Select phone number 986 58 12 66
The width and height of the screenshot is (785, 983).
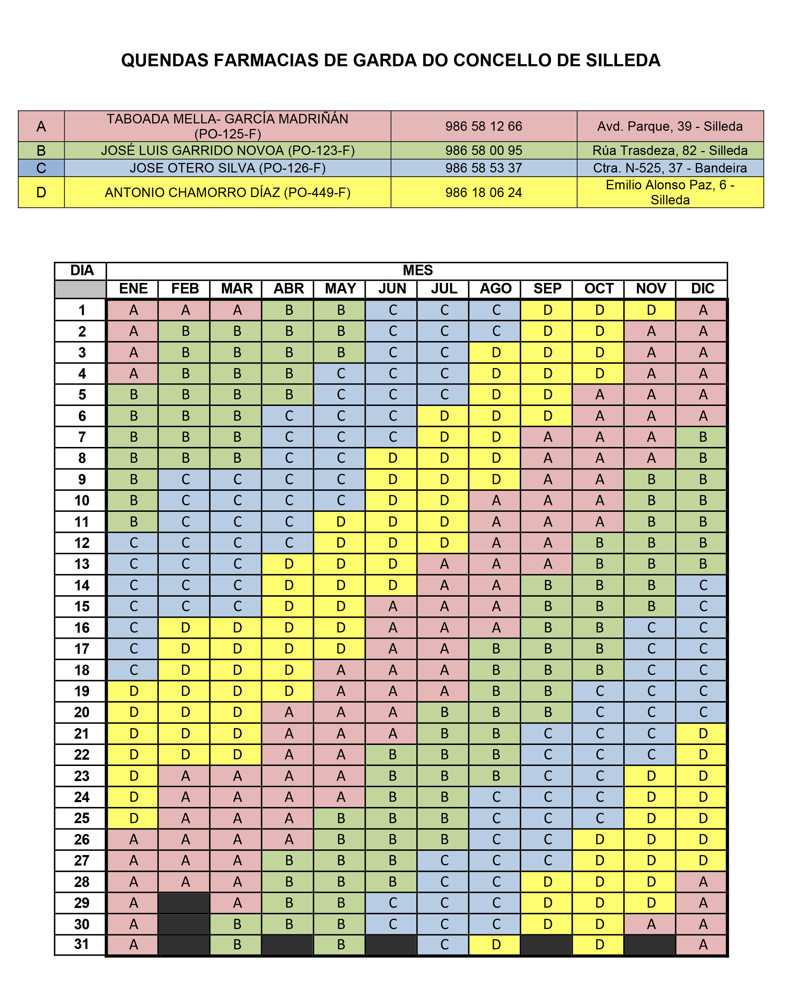tap(483, 126)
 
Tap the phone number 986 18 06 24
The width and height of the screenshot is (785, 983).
tap(483, 192)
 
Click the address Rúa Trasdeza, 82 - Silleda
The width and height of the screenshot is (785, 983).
tap(670, 150)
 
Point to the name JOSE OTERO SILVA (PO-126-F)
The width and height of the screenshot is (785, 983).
tap(228, 168)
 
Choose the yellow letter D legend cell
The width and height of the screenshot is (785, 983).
tap(41, 192)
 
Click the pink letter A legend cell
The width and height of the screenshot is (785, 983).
tap(41, 126)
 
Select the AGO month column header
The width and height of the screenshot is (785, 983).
tap(496, 289)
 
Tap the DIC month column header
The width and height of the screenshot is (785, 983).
tap(703, 289)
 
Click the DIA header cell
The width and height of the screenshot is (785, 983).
tap(82, 271)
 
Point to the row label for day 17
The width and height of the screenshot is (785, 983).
tap(82, 649)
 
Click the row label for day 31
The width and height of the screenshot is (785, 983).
tap(82, 944)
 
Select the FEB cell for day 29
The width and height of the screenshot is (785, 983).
tap(185, 903)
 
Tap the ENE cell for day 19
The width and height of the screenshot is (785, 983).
tap(133, 691)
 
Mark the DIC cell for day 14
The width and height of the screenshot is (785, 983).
tap(703, 585)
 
